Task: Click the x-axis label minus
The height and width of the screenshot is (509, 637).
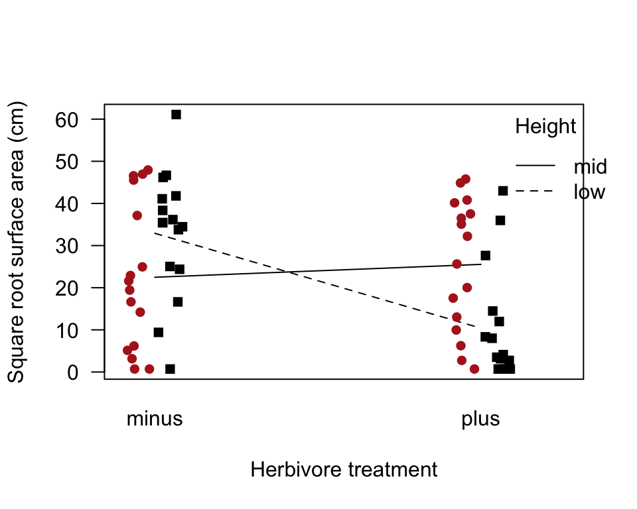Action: point(155,419)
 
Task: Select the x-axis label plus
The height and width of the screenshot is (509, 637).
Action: point(480,419)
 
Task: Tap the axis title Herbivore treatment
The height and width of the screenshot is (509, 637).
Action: point(344,469)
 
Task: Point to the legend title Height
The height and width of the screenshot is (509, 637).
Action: point(545,126)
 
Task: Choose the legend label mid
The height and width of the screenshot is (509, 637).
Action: point(590,166)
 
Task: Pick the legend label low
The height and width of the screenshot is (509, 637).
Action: point(589,192)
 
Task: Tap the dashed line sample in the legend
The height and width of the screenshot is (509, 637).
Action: point(535,191)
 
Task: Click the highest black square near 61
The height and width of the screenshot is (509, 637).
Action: point(176,115)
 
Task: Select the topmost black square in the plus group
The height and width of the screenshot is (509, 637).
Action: point(503,191)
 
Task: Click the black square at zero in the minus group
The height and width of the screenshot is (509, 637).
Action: point(170,369)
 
